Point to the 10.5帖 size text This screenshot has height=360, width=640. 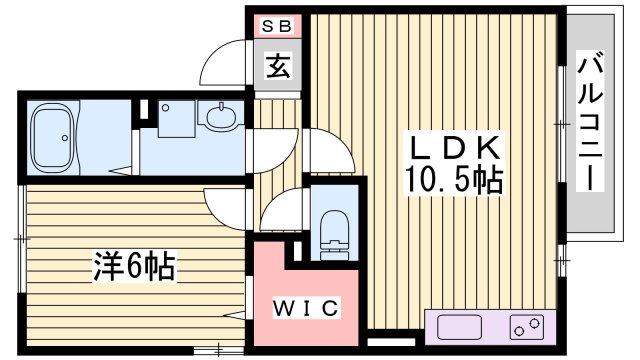(451, 182)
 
